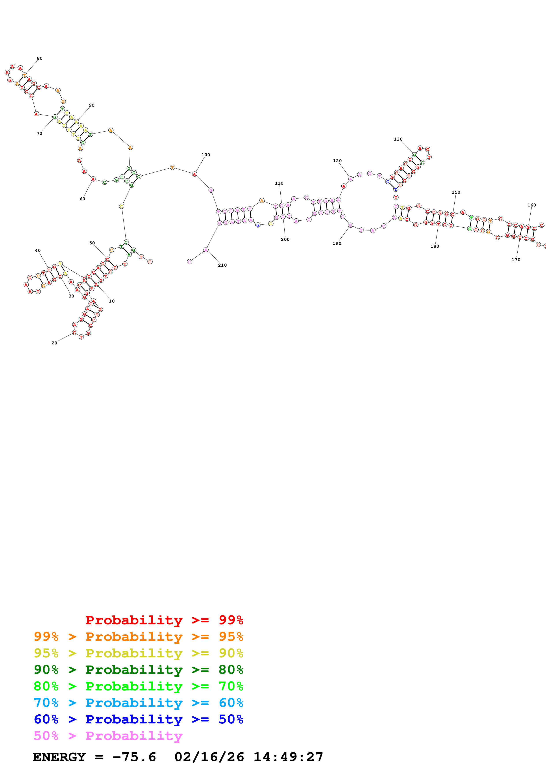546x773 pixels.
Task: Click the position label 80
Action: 40,58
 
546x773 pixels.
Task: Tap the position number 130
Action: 398,139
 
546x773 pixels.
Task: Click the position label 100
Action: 205,155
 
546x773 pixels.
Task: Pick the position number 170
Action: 516,260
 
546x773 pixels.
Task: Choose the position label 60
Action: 82,199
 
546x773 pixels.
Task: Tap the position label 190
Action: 337,243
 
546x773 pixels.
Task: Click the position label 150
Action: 456,192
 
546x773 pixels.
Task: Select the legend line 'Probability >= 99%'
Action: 164,620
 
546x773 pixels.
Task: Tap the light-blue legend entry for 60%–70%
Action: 138,703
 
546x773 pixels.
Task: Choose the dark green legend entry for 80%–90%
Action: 138,670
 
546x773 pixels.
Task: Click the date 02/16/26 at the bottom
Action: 209,757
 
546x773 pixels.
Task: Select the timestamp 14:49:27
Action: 288,757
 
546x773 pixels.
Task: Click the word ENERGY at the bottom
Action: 59,757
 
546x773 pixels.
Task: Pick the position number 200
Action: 285,239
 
